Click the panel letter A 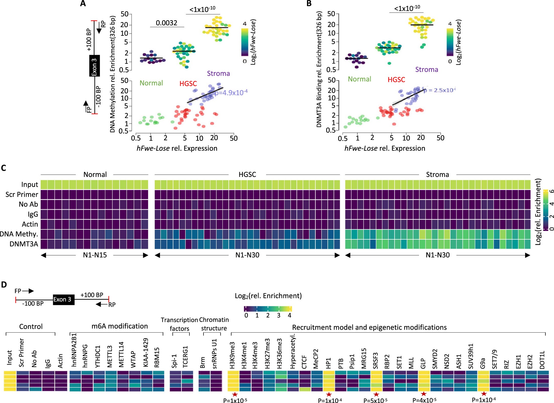[x=83, y=4]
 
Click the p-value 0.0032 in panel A [x=166, y=23]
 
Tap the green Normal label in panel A [x=151, y=83]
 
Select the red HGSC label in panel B [x=396, y=80]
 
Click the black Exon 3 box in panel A [x=94, y=66]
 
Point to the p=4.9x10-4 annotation [x=231, y=92]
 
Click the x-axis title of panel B [x=385, y=148]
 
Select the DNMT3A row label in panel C [x=24, y=244]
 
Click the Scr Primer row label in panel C [x=22, y=195]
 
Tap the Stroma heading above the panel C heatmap [x=437, y=175]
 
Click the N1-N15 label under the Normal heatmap [x=95, y=255]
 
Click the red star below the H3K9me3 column [x=235, y=394]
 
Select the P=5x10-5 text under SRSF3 [x=375, y=400]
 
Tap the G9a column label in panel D [x=482, y=363]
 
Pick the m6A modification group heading [x=119, y=326]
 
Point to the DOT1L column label [x=542, y=360]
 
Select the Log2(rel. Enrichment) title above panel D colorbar [x=268, y=296]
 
